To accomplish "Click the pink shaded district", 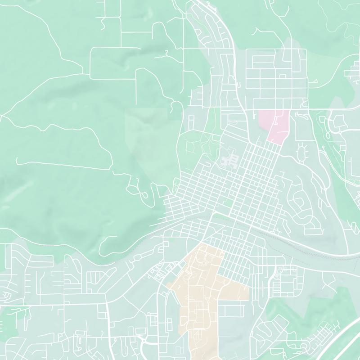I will tap(274, 124).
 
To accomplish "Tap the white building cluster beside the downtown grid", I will tap(232, 160).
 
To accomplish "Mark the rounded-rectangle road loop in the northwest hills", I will tap(112, 63).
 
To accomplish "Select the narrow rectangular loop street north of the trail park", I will tap(191, 121).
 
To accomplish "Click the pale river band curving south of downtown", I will tap(288, 238).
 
